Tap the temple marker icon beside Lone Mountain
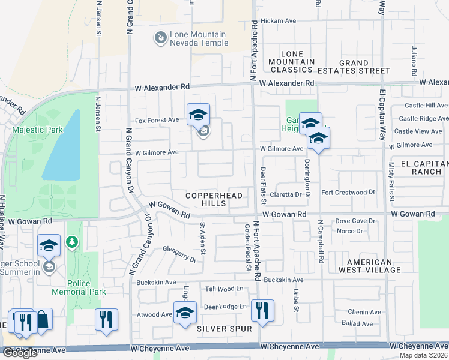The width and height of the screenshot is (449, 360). [x=160, y=38]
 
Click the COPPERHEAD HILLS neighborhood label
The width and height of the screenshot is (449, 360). [x=214, y=199]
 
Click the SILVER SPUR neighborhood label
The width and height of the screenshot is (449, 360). [x=219, y=329]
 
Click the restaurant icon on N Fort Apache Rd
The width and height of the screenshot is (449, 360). [x=262, y=310]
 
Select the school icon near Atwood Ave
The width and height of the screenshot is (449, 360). [x=185, y=312]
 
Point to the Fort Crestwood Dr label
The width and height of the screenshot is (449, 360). [x=348, y=193]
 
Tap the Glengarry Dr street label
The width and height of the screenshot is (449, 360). [x=180, y=254]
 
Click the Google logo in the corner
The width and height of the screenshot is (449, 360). [x=20, y=353]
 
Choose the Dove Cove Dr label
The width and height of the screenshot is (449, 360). [x=355, y=221]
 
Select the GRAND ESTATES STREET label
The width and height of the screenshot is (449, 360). [x=354, y=67]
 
